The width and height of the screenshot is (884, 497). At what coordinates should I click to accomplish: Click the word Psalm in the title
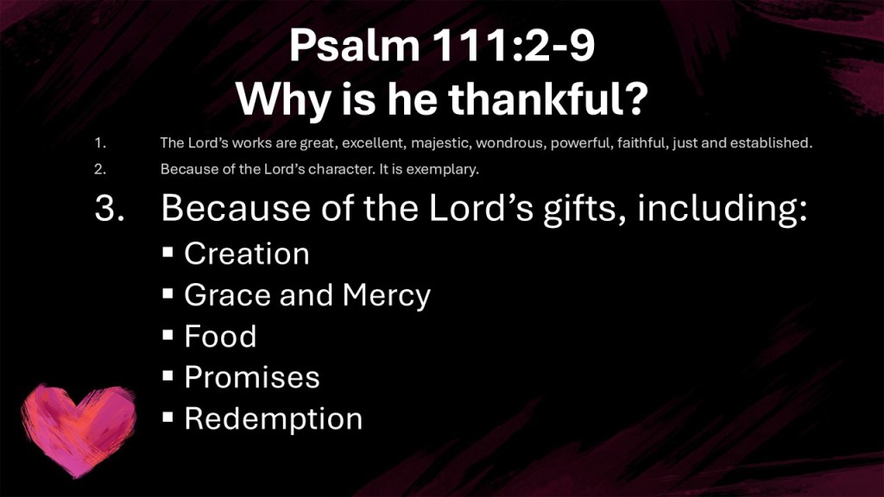tap(355, 46)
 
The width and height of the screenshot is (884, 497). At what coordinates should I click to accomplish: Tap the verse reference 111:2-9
tap(514, 46)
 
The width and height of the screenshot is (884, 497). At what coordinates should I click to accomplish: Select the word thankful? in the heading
tap(548, 99)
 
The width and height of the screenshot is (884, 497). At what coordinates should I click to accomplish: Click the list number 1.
tap(100, 143)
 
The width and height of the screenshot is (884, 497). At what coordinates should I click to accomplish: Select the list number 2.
tap(100, 169)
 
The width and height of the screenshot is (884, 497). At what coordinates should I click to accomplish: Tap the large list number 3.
tap(110, 208)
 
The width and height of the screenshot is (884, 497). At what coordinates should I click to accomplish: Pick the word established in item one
tap(771, 143)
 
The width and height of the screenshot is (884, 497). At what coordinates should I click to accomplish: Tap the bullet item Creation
tap(247, 255)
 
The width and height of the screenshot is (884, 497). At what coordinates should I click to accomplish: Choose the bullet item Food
tap(220, 337)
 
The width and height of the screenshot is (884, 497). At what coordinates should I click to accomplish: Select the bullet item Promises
tap(252, 378)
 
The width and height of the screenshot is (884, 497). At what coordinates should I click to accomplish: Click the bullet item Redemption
tap(274, 419)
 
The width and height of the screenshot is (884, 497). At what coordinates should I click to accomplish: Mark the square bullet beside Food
tap(167, 335)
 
